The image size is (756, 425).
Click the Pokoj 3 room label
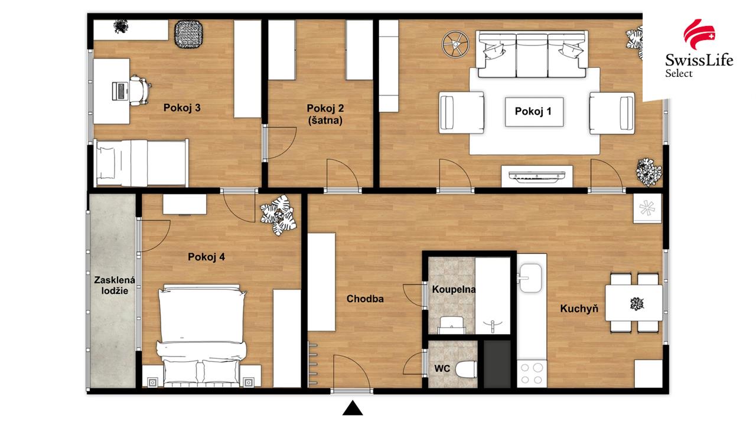coord(182,107)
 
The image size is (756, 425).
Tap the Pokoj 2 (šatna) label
coord(325,115)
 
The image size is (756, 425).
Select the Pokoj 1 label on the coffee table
coord(533,112)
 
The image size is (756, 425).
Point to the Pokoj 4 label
coord(206,257)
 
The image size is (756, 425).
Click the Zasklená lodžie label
coord(115,285)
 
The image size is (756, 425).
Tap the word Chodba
coord(365,299)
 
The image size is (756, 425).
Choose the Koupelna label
coord(454,289)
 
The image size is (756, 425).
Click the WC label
coord(442,368)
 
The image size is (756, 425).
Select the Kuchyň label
coord(579,309)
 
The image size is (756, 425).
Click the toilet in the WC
coord(466,370)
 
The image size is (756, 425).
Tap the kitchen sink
coord(530,278)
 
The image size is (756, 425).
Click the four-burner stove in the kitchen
coord(532,374)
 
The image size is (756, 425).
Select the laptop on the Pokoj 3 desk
coord(120,91)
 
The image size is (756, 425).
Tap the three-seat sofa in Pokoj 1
coord(532,54)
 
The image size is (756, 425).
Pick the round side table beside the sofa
coord(455,44)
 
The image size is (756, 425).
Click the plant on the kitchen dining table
coord(637,304)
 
